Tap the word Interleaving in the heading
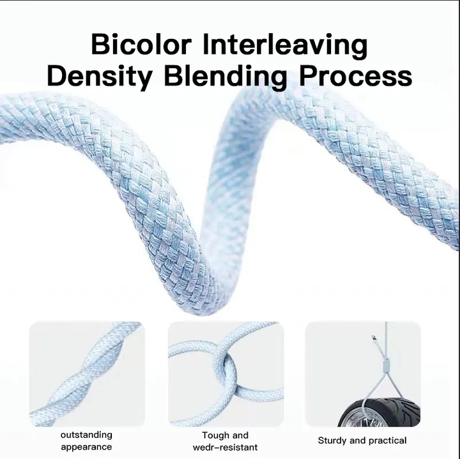click(x=285, y=45)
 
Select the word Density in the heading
click(x=100, y=76)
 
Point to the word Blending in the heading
click(x=226, y=76)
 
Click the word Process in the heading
click(x=356, y=76)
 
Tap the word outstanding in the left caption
click(x=86, y=435)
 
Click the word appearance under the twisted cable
click(x=86, y=448)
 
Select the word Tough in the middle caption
click(x=214, y=435)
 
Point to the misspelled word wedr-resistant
click(x=225, y=448)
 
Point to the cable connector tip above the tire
click(x=374, y=338)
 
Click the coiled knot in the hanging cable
click(x=387, y=365)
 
